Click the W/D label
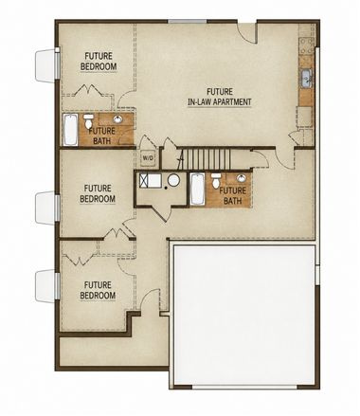coord(148,158)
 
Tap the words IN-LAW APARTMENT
coord(220,102)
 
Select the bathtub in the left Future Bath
coord(70,130)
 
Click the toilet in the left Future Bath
coord(89,120)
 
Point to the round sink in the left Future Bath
coord(117,119)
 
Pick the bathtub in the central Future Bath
coord(197,190)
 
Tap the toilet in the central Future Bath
coord(216,180)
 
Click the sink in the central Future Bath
coord(242,178)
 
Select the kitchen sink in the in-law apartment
coord(306,78)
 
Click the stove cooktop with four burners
coord(307,46)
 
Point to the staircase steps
coord(207,159)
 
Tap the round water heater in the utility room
coord(173,180)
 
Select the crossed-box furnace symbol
coord(145,181)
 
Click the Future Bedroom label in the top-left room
coord(99,62)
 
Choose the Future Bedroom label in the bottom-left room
coord(98,290)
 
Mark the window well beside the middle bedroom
coord(45,208)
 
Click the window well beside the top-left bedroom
coord(45,65)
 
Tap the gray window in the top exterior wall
coord(188,21)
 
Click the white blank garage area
coord(244,315)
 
